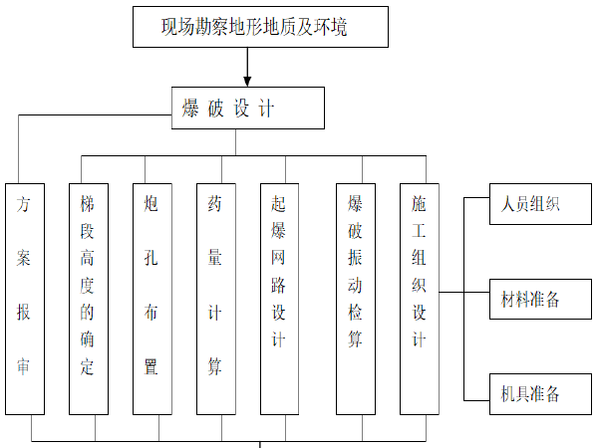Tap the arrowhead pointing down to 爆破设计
pyautogui.click(x=247, y=79)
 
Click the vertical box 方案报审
pyautogui.click(x=25, y=299)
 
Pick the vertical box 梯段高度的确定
pyautogui.click(x=88, y=299)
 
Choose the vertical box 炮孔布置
pyautogui.click(x=151, y=299)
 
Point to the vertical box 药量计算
pyautogui.click(x=215, y=299)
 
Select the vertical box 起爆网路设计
pyautogui.click(x=279, y=299)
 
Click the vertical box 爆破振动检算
pyautogui.click(x=356, y=299)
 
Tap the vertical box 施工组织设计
pyautogui.click(x=420, y=299)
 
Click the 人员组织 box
pyautogui.click(x=530, y=206)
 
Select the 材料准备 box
pyautogui.click(x=530, y=300)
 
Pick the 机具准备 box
pyautogui.click(x=530, y=393)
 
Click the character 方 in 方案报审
pyautogui.click(x=25, y=206)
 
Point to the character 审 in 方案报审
pyautogui.click(x=25, y=365)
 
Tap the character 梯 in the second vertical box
pyautogui.click(x=88, y=203)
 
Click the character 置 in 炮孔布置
pyautogui.click(x=151, y=366)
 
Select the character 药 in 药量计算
pyautogui.click(x=215, y=204)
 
